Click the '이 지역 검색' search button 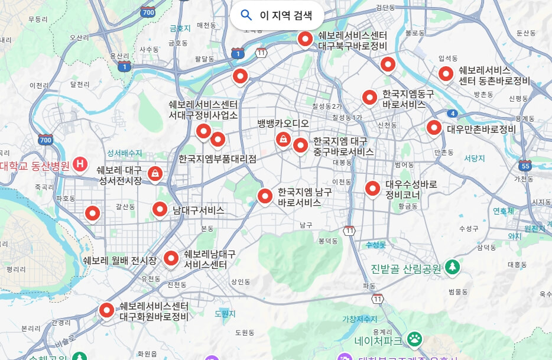277,15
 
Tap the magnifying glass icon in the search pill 246,15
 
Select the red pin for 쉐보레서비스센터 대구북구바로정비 305,39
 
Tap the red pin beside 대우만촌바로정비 434,127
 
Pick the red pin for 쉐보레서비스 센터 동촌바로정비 446,74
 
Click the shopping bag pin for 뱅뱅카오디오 283,139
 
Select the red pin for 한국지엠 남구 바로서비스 265,196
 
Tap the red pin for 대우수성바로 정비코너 372,188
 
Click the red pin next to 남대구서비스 160,209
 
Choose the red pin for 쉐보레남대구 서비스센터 171,258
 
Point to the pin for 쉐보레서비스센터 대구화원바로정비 106,309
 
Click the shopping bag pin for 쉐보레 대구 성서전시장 155,173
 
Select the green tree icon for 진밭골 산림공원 452,267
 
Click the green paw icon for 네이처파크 415,339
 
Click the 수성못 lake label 375,244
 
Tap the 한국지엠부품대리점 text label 217,159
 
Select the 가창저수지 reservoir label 359,319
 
